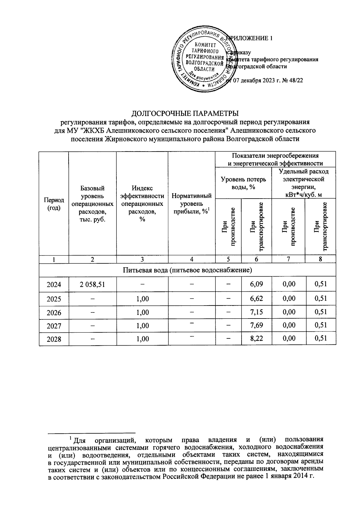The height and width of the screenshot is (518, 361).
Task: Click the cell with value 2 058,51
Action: tap(92, 284)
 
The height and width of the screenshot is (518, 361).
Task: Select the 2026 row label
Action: tap(54, 312)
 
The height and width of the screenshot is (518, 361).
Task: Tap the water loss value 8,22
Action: tap(256, 338)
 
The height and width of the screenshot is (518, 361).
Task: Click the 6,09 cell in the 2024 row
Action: tap(256, 284)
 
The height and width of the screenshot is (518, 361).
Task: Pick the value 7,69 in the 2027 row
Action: tap(256, 325)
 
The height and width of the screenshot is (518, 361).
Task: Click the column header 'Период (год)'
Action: tap(54, 204)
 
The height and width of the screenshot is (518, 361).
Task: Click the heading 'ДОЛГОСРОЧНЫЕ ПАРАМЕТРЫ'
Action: tap(185, 114)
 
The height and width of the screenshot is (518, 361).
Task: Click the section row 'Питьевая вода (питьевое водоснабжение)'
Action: tap(187, 270)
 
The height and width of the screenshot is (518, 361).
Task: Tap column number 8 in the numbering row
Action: tap(320, 259)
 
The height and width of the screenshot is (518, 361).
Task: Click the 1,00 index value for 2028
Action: tap(142, 339)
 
